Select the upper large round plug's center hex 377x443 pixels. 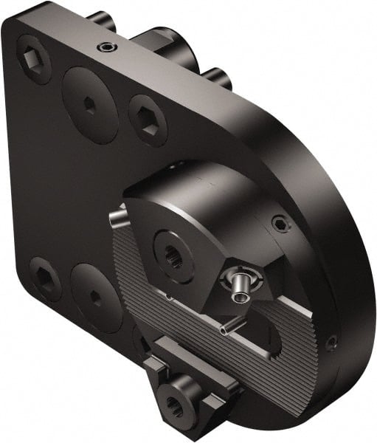(89, 104)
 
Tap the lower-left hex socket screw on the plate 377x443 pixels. (45, 278)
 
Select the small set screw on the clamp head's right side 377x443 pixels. (279, 223)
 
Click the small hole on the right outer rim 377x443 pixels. (332, 342)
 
